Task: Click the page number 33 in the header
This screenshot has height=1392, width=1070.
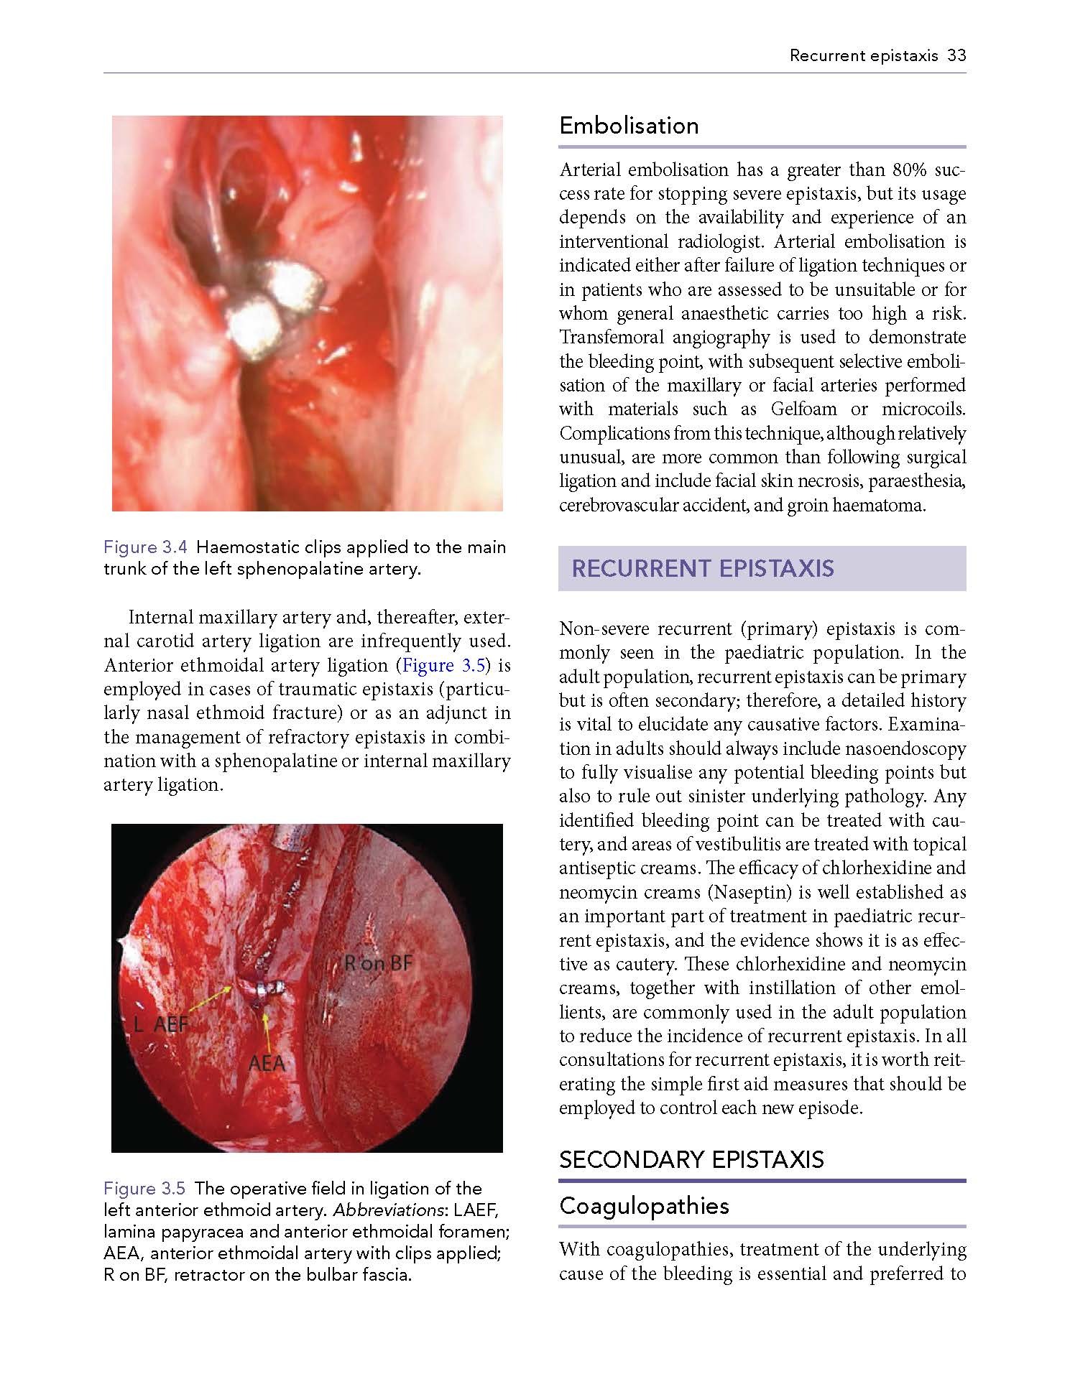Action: pyautogui.click(x=956, y=55)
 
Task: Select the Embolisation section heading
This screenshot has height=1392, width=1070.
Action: pyautogui.click(x=629, y=126)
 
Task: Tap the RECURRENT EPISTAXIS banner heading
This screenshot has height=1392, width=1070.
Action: pyautogui.click(x=702, y=569)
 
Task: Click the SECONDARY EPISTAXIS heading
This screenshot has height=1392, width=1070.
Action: pyautogui.click(x=691, y=1159)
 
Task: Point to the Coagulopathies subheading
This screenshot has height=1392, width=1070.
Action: pyautogui.click(x=644, y=1205)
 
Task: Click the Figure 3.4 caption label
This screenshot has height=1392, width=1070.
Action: pyautogui.click(x=146, y=547)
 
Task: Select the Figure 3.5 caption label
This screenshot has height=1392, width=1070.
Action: pyautogui.click(x=146, y=1189)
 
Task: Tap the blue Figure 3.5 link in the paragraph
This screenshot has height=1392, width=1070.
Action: pyautogui.click(x=444, y=665)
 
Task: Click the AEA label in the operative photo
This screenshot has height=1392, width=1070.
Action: pyautogui.click(x=267, y=1062)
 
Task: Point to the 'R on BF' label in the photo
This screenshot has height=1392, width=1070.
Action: pyautogui.click(x=378, y=963)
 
